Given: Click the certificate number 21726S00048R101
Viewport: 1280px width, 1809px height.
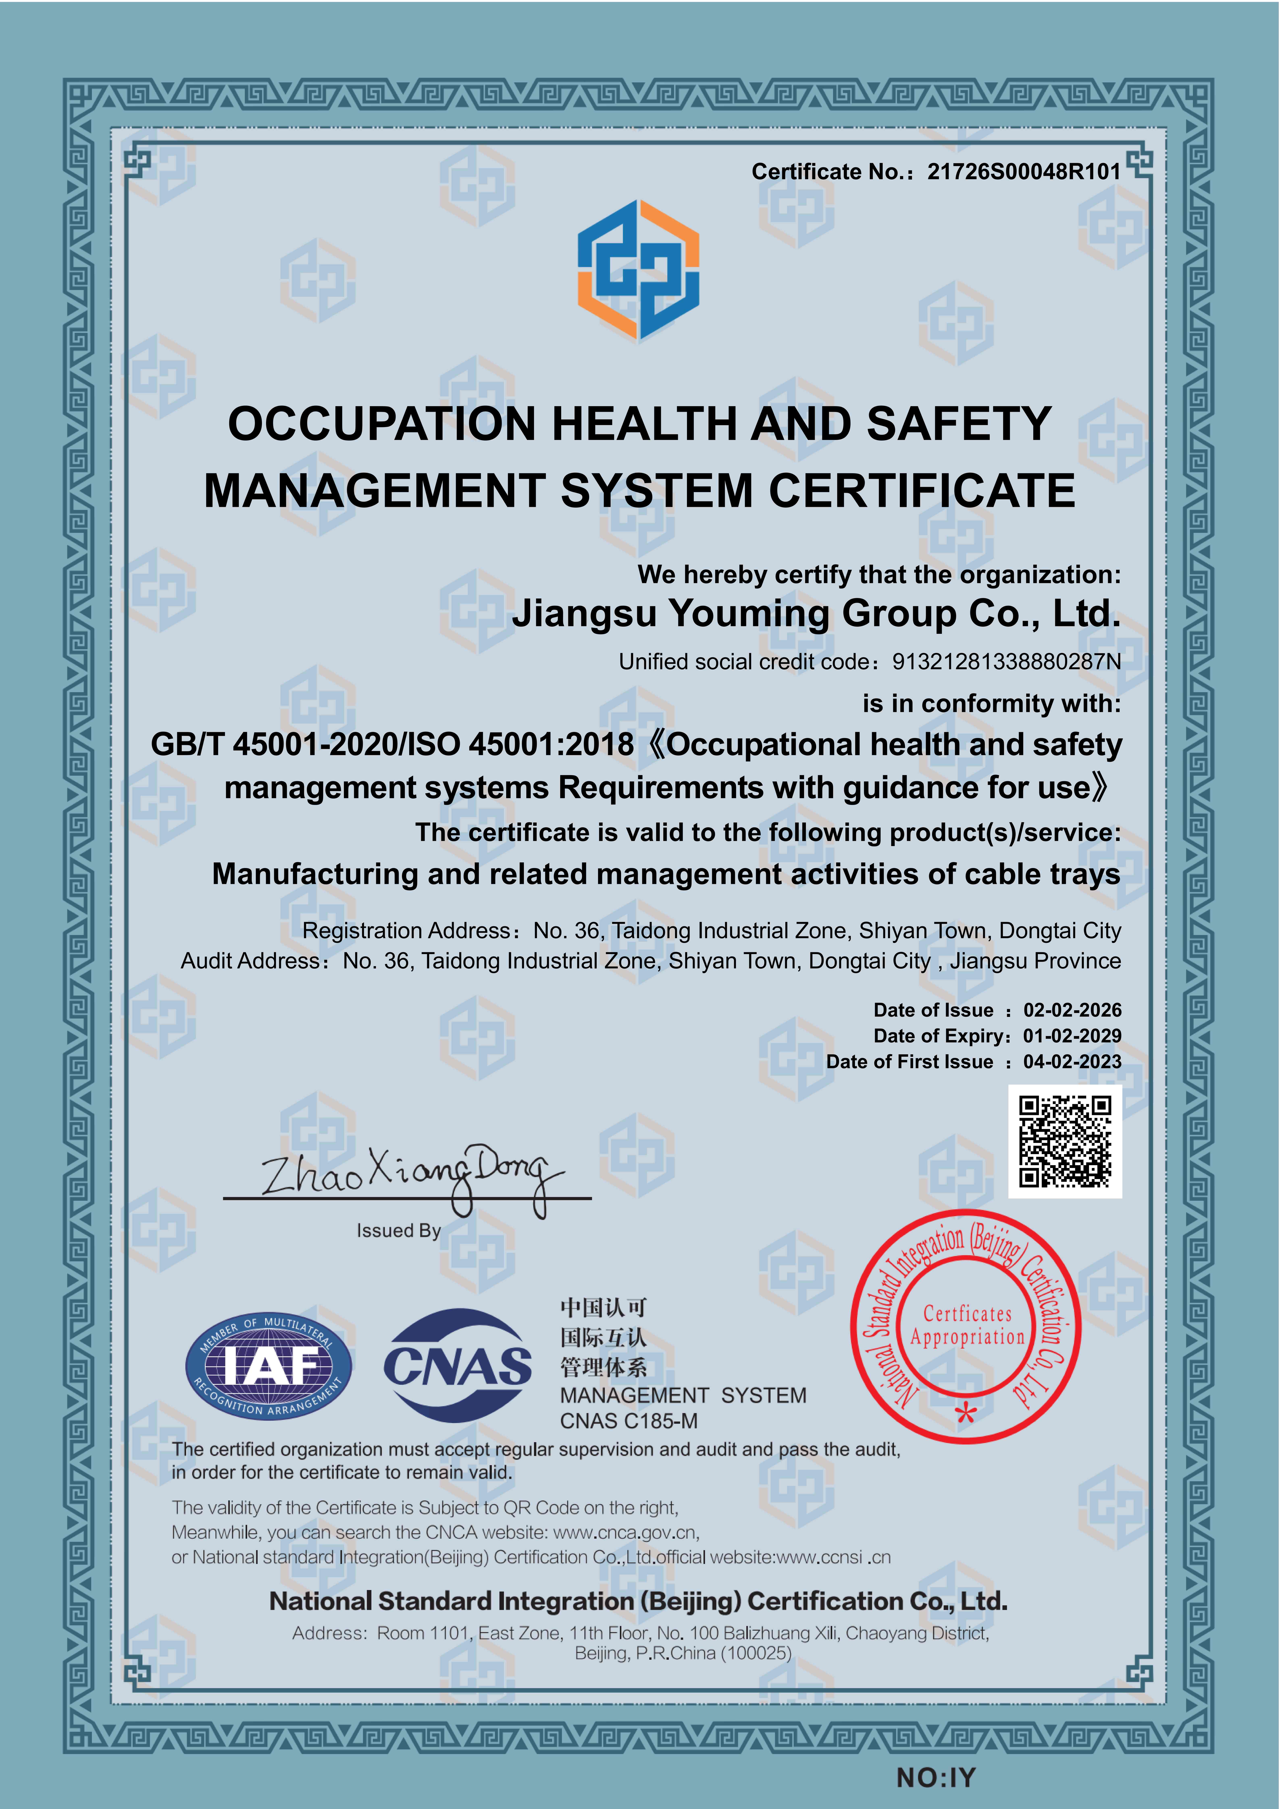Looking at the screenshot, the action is [x=1023, y=172].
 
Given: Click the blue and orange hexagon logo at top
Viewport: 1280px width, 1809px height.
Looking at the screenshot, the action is [x=638, y=270].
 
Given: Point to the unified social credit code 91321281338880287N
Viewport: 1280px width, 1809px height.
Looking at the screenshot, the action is [x=1006, y=662].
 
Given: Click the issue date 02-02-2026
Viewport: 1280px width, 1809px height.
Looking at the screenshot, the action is [x=1072, y=1010].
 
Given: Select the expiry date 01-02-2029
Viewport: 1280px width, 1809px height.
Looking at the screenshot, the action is [x=1072, y=1036].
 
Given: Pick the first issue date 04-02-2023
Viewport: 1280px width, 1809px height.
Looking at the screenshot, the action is [x=1072, y=1062].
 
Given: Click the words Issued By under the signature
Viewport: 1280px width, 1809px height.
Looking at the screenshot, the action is [x=399, y=1231].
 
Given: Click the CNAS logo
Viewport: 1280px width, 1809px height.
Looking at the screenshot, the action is [x=457, y=1365].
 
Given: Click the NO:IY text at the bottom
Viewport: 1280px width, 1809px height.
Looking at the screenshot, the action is [x=936, y=1778].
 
